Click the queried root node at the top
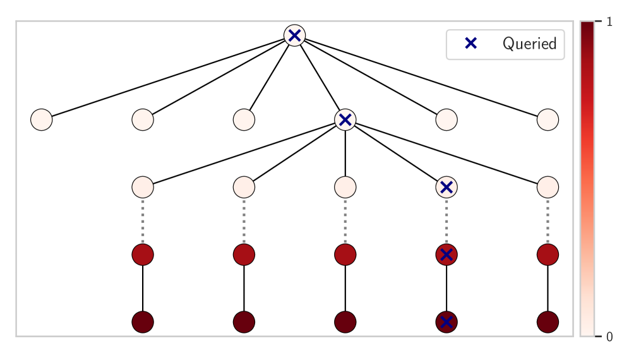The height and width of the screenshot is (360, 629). point(294,35)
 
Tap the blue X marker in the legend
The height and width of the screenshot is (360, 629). point(470,44)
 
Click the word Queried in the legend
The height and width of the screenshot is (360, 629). point(529,44)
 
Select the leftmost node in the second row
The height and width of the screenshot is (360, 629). point(42,119)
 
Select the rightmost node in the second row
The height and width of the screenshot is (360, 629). point(548,119)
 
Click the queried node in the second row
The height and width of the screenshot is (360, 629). point(345,119)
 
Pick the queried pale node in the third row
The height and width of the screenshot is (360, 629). point(446,187)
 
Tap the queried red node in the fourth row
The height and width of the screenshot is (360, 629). point(446,255)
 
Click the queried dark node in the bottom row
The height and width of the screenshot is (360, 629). point(446,322)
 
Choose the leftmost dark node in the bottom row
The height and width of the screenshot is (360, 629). point(143,322)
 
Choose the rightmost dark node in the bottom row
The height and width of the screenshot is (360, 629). point(548,322)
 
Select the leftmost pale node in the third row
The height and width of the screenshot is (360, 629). point(143,187)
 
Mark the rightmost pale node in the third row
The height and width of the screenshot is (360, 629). point(548,187)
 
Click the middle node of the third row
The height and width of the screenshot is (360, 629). point(345,187)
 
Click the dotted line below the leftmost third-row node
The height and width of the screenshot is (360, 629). point(143,220)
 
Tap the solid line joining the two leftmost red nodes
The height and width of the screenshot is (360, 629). point(143,288)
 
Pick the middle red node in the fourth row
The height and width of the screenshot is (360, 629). point(345,255)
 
